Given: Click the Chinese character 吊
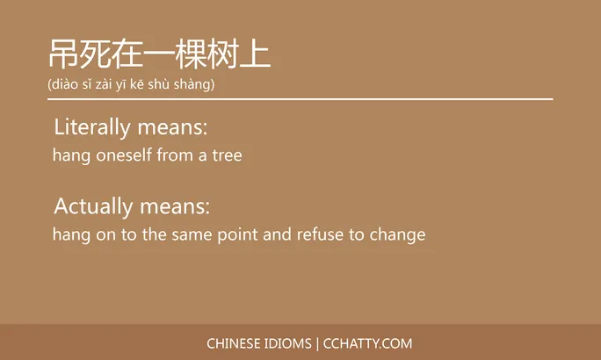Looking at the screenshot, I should click(63, 54).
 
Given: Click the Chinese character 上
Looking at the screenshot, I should click(256, 54).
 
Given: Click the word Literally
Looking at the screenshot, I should click(92, 128).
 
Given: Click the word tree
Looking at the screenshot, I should click(226, 156).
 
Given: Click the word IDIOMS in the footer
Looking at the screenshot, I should click(293, 343).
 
